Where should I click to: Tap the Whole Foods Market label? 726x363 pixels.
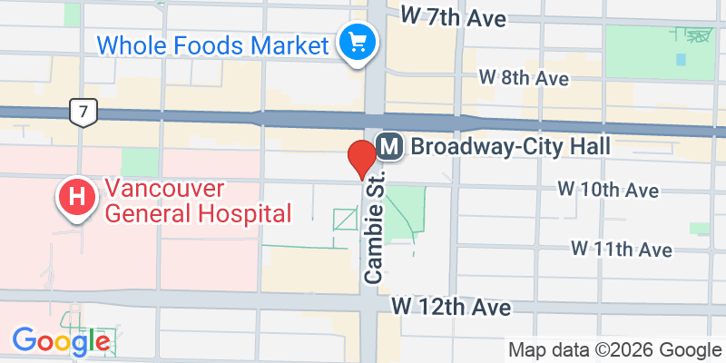[x=211, y=44]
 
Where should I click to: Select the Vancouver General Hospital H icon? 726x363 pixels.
[x=76, y=196]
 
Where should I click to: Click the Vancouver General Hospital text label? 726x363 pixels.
[x=198, y=201]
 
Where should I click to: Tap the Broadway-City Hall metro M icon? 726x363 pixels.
[x=389, y=145]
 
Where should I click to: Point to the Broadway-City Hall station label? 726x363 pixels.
[x=507, y=145]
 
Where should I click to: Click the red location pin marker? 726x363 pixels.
[x=362, y=158]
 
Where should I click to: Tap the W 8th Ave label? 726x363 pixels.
[x=524, y=78]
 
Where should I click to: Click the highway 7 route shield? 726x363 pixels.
[x=83, y=113]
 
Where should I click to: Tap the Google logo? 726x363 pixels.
[x=61, y=341]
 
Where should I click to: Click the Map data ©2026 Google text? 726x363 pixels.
[x=615, y=350]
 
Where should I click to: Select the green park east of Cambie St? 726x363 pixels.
[x=403, y=213]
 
